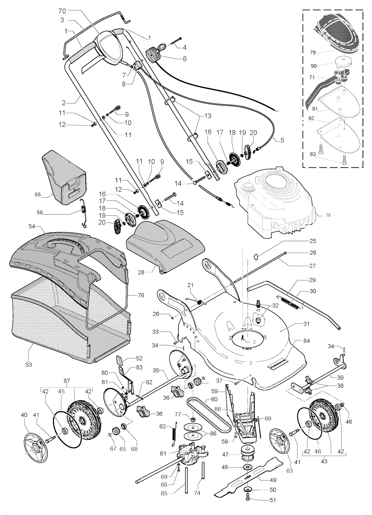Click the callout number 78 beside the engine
coord(328,215)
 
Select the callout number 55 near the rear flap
coord(37,195)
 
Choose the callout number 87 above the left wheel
coord(66,381)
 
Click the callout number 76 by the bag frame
coord(141,295)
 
